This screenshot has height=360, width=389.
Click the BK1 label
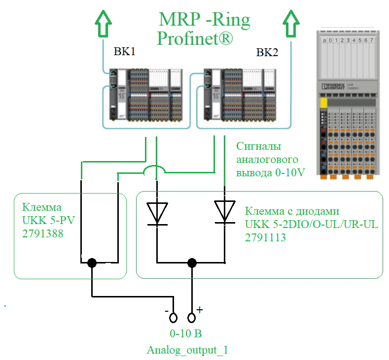pyautogui.click(x=125, y=52)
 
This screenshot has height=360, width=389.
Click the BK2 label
pyautogui.click(x=267, y=52)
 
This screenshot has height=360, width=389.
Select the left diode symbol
pyautogui.click(x=157, y=212)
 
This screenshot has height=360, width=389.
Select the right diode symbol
pyautogui.click(x=225, y=212)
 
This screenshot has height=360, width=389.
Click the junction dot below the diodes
pyautogui.click(x=192, y=262)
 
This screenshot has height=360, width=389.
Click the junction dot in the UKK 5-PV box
pyautogui.click(x=91, y=263)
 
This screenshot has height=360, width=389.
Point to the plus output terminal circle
pyautogui.click(x=192, y=317)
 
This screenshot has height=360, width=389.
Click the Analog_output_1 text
pyautogui.click(x=187, y=350)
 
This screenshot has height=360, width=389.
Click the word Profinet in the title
pyautogui.click(x=195, y=38)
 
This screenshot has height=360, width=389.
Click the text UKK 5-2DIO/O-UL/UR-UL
pyautogui.click(x=311, y=225)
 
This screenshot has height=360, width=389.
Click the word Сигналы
pyautogui.click(x=258, y=146)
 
